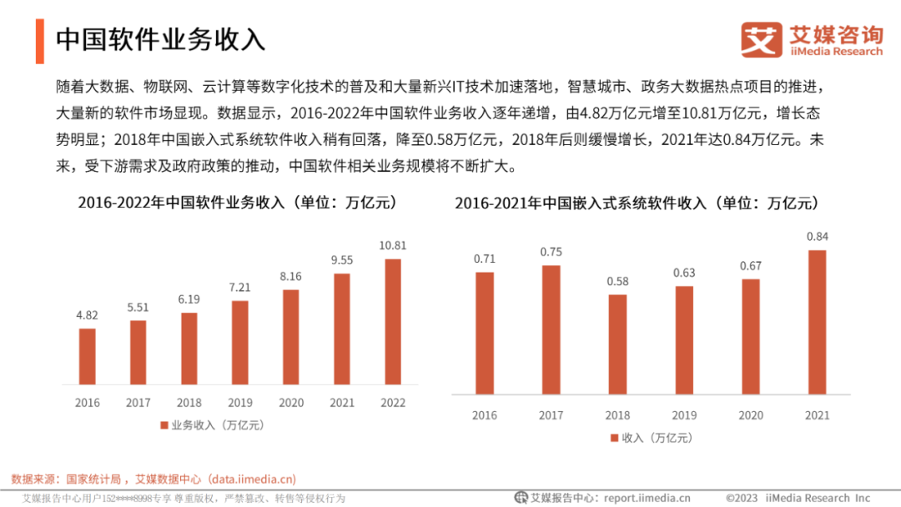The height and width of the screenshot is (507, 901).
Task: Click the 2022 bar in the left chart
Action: coord(392,322)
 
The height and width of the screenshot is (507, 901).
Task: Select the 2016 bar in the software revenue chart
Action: coord(87,356)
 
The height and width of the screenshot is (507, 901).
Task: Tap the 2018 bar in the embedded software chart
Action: coord(617,344)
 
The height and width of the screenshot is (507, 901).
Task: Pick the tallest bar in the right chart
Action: coord(818,322)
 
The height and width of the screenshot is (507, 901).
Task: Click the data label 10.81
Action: coord(392,245)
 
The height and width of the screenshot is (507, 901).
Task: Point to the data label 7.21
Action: coord(239,287)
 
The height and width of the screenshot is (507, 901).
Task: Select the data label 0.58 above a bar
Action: coord(617,281)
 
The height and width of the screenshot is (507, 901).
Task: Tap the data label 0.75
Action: coord(551,252)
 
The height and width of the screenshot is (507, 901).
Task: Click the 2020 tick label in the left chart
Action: coord(290,403)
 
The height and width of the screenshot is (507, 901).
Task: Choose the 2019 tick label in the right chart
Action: coord(684,415)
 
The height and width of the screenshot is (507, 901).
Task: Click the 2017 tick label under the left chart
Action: coord(138,403)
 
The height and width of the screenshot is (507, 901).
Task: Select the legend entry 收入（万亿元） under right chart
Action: coord(651,438)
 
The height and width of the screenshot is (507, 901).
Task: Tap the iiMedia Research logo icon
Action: coord(762,40)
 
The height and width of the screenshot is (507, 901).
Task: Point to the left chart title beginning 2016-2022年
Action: coord(237,203)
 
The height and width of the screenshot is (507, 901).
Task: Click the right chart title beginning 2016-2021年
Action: coord(637,203)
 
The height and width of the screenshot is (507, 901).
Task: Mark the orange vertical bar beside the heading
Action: coord(39,40)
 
